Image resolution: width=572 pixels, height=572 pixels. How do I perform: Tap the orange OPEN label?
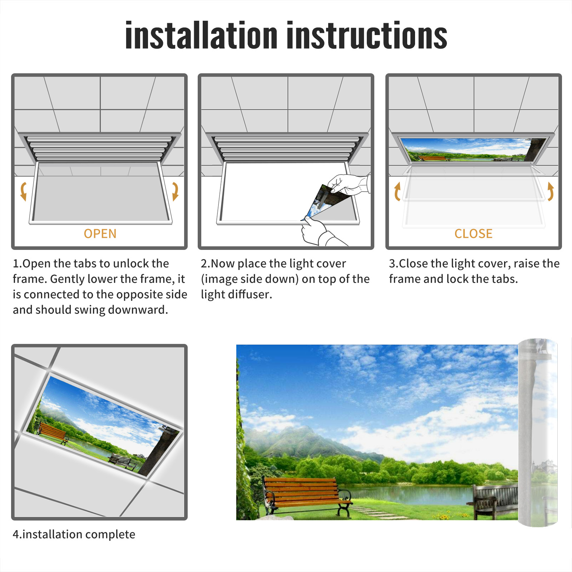coord(100,234)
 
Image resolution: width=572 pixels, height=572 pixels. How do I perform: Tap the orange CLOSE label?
coord(473,234)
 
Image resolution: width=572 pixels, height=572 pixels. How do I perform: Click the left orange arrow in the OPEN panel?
coord(23,191)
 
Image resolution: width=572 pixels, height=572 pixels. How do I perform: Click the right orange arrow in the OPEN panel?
coord(175,191)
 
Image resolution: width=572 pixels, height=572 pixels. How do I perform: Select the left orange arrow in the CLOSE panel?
coord(397,191)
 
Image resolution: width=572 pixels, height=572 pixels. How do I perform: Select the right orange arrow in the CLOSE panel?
coord(551,191)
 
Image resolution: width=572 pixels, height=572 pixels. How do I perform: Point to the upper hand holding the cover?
coord(349,184)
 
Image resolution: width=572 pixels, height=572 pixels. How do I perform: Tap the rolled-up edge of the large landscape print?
coord(538,432)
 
